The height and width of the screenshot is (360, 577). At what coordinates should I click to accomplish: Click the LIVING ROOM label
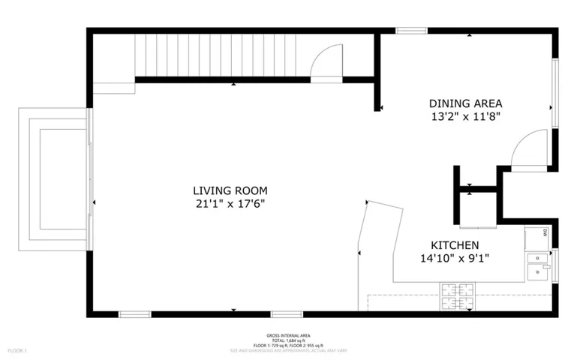tap(230, 190)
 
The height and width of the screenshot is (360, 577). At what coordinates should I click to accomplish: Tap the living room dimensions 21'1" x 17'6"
tap(230, 203)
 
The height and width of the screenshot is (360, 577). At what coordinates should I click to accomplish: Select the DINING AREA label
tap(465, 103)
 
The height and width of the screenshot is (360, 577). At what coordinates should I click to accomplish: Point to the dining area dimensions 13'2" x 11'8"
tap(465, 116)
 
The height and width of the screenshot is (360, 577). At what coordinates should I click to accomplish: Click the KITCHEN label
tap(455, 245)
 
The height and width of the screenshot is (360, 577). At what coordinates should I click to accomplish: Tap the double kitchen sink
tap(537, 266)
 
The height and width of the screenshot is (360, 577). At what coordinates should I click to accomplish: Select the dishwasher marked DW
tap(537, 236)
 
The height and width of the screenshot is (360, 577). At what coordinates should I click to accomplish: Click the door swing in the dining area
tap(531, 147)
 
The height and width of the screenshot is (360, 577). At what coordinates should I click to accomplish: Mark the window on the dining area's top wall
tap(411, 30)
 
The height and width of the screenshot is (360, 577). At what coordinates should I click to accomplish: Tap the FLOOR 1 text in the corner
tap(17, 350)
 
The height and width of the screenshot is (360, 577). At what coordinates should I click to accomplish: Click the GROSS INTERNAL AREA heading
tap(288, 335)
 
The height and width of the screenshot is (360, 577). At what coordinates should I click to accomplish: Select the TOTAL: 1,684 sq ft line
tap(288, 340)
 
